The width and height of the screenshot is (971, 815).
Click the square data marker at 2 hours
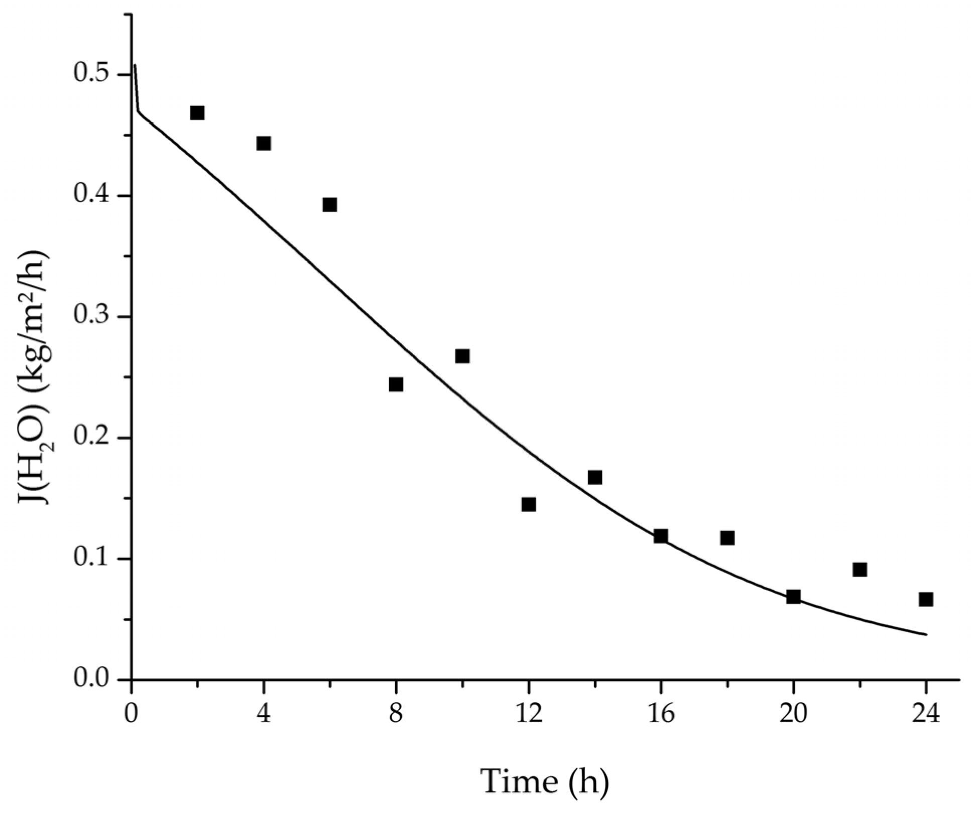tap(197, 112)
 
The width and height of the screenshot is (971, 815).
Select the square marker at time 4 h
tap(264, 143)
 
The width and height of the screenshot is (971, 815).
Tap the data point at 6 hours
tap(329, 204)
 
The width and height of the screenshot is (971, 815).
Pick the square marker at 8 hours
tap(396, 384)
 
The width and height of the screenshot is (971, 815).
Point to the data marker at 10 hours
tap(462, 356)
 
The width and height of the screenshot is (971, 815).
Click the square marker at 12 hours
tap(528, 504)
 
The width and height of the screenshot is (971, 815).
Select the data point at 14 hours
tap(595, 477)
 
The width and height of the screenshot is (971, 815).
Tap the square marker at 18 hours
tap(727, 538)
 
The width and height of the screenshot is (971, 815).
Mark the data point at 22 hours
tap(860, 570)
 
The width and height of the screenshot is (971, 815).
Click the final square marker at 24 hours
tap(926, 599)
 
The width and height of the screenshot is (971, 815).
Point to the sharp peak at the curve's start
tap(135, 65)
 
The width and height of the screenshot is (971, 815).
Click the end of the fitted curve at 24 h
tap(925, 634)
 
